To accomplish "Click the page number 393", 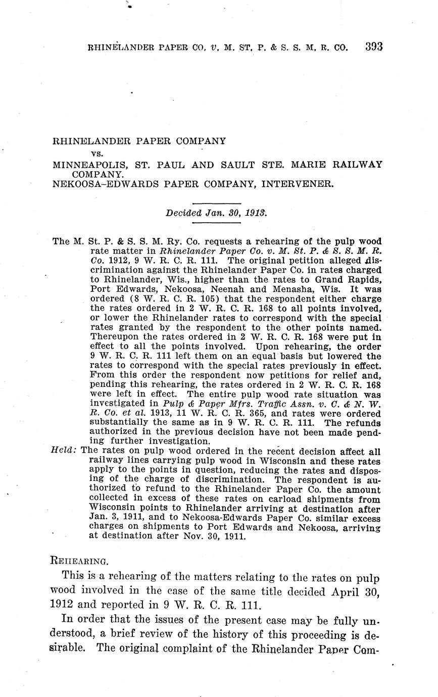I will (x=373, y=47).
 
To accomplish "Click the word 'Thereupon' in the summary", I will (x=114, y=338).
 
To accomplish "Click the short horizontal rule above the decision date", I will (x=217, y=203).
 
